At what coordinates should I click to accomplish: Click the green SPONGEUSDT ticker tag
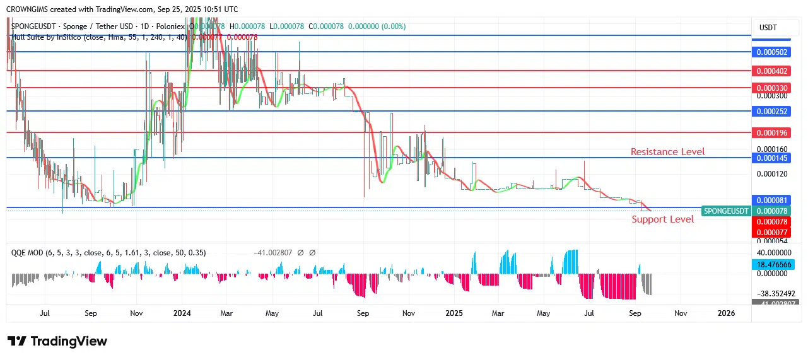point(726,211)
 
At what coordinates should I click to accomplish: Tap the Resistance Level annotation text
point(667,152)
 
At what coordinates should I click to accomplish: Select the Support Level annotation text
point(662,219)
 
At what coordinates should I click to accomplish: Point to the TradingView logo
point(57,341)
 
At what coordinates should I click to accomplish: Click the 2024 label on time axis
point(182,313)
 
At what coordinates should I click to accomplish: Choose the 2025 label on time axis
point(454,313)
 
